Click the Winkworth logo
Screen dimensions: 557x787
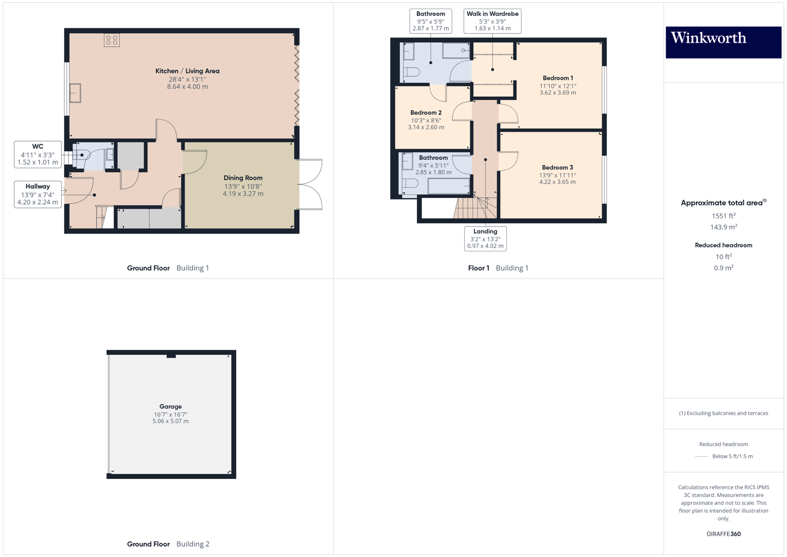click(723, 42)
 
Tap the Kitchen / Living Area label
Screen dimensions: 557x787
click(187, 71)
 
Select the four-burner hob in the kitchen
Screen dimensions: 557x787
click(111, 40)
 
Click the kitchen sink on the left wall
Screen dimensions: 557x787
click(75, 93)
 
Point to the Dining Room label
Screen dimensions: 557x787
click(243, 178)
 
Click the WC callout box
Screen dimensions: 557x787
click(38, 154)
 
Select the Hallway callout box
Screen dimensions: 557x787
click(38, 194)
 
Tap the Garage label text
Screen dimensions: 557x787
click(170, 406)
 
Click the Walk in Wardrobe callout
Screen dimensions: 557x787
click(492, 21)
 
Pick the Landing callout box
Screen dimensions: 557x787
click(485, 239)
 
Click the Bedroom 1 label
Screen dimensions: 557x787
click(557, 78)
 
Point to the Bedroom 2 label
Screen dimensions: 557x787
click(426, 113)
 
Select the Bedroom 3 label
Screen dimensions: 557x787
click(557, 168)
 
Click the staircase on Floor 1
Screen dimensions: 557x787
click(475, 208)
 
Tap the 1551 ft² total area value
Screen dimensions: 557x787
click(723, 216)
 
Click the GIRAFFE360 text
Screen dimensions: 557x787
click(723, 534)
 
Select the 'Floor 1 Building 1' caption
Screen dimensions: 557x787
click(498, 268)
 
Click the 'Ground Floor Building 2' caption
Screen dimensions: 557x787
click(168, 544)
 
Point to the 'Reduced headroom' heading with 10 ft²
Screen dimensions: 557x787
click(723, 245)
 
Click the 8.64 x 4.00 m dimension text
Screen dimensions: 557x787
click(187, 87)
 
